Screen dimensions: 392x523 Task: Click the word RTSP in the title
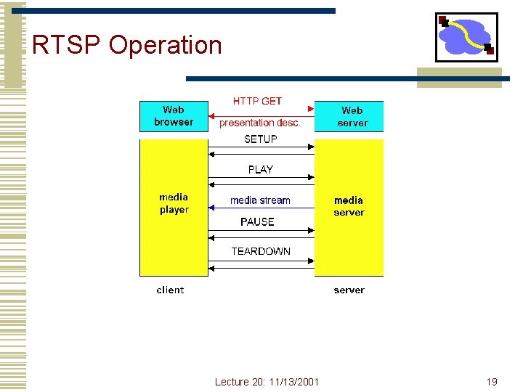coord(67,45)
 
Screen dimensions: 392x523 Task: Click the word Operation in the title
coord(165,45)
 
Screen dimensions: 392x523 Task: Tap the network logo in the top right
coord(466,37)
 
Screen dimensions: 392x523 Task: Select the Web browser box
coord(174,116)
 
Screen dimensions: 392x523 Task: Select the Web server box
coord(349,116)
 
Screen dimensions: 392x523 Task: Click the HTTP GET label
coord(257,101)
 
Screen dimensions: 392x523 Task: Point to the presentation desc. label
coord(260,123)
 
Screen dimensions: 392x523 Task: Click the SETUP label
coord(260,139)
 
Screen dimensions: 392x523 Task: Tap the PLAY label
coord(260,169)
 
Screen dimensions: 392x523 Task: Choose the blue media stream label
coord(260,200)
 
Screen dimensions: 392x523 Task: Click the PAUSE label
coord(257,221)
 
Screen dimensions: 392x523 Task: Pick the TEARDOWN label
coord(260,251)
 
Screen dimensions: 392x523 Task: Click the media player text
coord(174,203)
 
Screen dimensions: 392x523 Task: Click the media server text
coord(349,206)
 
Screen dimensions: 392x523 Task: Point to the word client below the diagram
coord(170,290)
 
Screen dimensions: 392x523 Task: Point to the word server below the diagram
coord(349,290)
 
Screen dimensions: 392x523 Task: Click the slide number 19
coord(492,382)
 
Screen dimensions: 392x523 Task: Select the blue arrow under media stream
coord(261,208)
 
